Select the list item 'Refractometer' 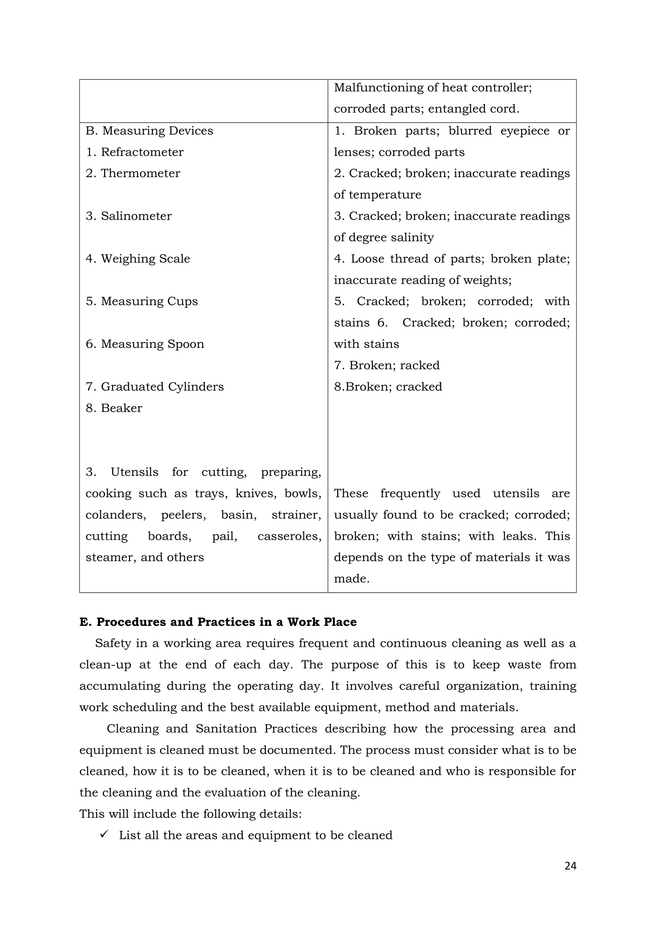point(142,152)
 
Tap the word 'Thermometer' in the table point(140,174)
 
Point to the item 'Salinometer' point(136,216)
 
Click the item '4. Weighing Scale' point(138,259)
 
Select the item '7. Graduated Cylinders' point(154,387)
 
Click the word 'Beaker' point(121,408)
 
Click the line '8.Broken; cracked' point(388,387)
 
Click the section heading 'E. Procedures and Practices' point(218,622)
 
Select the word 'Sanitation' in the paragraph point(226,729)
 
